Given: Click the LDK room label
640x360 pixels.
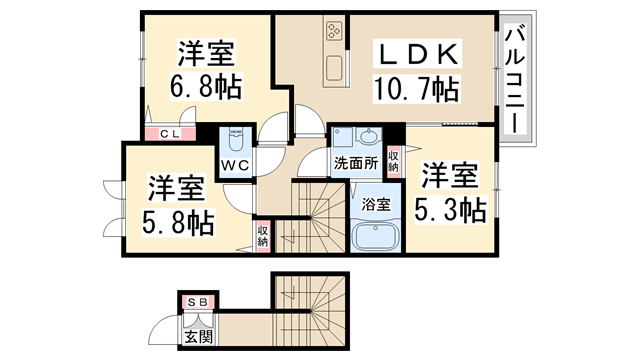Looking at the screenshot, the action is click(417, 54).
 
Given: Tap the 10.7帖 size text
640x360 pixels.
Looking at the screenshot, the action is click(416, 89).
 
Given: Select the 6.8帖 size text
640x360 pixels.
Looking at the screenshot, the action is click(206, 87).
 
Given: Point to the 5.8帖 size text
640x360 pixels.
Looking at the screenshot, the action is click(178, 222).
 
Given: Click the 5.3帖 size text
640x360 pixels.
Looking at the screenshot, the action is click(450, 210).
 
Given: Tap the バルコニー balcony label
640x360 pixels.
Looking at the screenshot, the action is click(515, 78).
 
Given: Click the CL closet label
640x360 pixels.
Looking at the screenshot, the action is click(169, 133).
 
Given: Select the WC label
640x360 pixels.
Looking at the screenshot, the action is click(235, 165).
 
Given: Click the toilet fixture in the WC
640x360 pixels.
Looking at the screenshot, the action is click(235, 139).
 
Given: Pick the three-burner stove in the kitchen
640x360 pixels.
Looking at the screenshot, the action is click(335, 31).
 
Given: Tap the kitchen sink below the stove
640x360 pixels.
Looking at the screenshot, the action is click(335, 68).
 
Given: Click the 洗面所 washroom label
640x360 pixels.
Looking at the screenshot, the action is click(356, 163).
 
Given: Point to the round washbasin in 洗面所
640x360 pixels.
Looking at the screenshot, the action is click(369, 137).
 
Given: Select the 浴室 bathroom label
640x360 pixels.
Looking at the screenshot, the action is click(376, 204).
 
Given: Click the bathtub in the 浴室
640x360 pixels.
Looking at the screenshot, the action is click(376, 236).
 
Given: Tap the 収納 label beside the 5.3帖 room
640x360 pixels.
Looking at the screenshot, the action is click(393, 161).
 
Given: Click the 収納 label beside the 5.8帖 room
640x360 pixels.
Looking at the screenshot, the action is click(263, 236).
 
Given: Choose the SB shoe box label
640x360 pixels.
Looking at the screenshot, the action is click(198, 302).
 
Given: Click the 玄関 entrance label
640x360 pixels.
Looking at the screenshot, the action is click(198, 337).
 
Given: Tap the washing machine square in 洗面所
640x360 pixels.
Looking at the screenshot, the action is click(343, 137).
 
